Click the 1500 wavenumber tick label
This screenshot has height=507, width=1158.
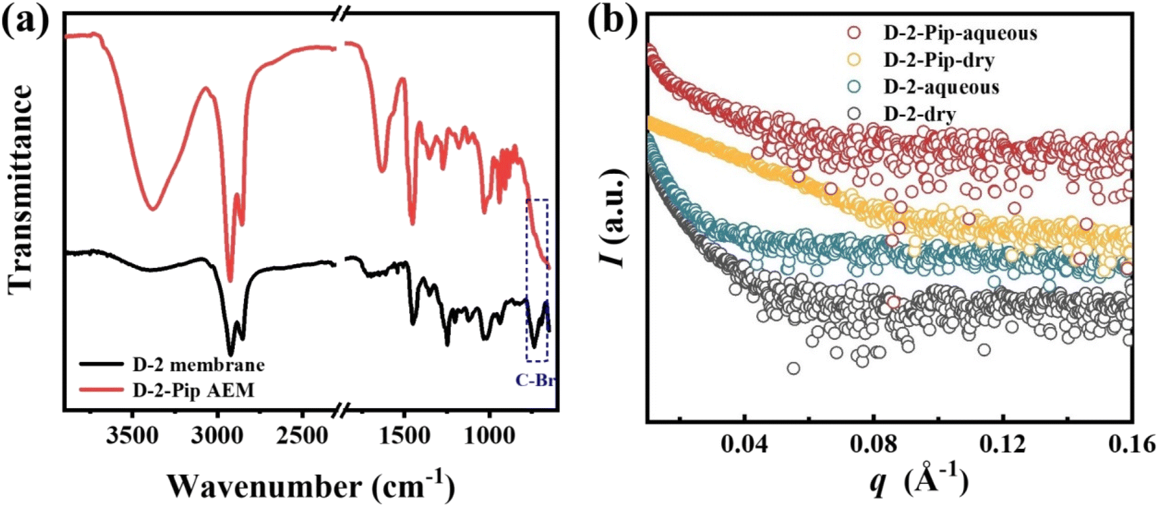pos(404,437)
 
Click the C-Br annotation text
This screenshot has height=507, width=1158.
pos(535,380)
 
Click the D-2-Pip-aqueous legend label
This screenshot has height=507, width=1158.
pos(960,32)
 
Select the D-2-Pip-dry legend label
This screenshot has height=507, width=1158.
pos(939,60)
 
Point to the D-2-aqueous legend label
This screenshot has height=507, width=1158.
pos(941,87)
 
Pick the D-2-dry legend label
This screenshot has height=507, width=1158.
pos(919,114)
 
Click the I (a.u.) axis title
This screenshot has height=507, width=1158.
pos(614,217)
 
